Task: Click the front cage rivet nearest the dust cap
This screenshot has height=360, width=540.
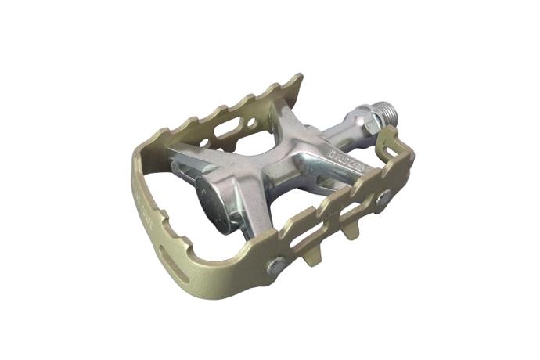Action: (x=276, y=267)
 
